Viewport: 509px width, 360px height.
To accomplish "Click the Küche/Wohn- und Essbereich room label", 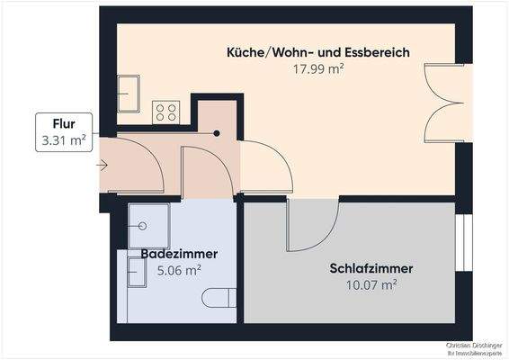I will (x=317, y=52).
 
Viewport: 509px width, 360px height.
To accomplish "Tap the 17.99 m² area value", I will (x=317, y=67).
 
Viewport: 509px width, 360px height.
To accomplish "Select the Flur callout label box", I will (x=64, y=132).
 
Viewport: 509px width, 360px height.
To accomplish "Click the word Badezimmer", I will (x=179, y=254).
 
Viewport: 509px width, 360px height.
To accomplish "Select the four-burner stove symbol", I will (x=165, y=111).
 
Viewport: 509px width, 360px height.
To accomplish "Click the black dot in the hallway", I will (x=216, y=133).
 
